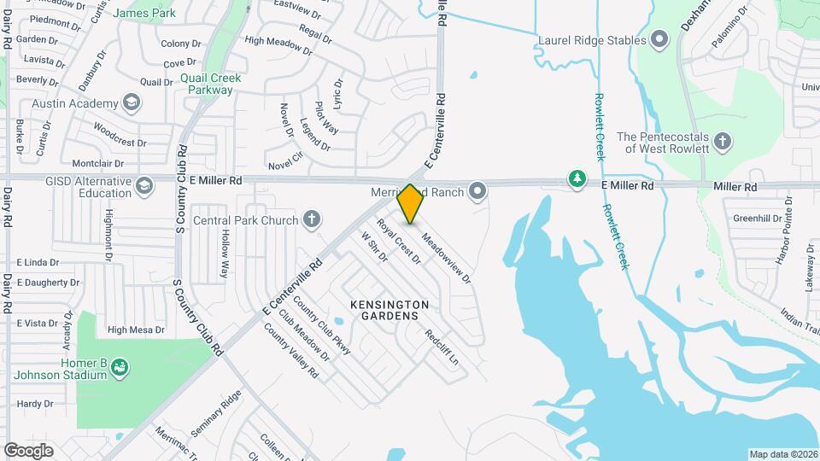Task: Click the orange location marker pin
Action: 410,204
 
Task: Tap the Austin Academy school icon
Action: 131,103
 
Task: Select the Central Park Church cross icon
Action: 312,220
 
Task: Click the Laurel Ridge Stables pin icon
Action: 659,39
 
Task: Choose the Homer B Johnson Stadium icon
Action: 120,366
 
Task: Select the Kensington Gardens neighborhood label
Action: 389,310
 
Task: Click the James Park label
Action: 144,13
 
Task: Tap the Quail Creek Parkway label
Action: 211,84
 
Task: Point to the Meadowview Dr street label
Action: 446,260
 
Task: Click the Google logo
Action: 28,451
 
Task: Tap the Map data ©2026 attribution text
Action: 782,454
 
